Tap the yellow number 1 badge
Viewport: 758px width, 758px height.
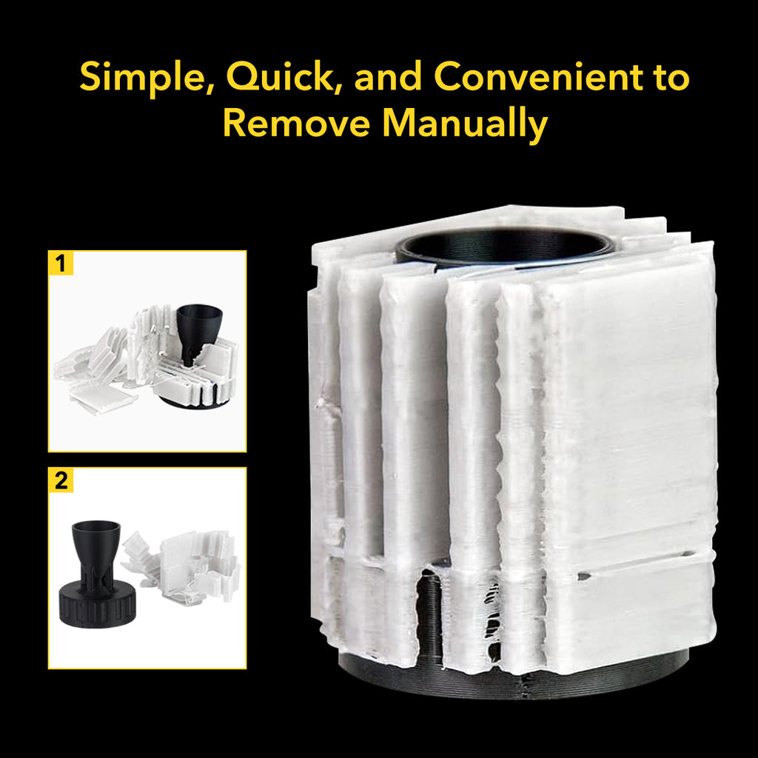(x=61, y=264)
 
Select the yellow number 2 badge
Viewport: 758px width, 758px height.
(x=61, y=480)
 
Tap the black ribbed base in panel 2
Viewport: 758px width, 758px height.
(x=97, y=604)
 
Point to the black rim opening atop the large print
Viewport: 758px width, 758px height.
(x=504, y=246)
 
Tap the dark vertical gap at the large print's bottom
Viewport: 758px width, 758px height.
(x=429, y=614)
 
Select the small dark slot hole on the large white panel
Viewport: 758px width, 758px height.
(x=584, y=576)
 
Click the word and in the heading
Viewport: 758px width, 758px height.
(x=388, y=77)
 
